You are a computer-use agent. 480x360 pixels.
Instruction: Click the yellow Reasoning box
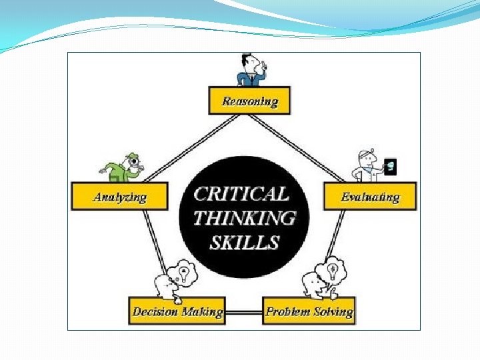click(x=249, y=101)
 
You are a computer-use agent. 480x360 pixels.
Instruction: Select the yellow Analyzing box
click(x=119, y=197)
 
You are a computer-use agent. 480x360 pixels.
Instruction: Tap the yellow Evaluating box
click(x=370, y=196)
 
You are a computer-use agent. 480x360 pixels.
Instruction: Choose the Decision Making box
click(x=177, y=311)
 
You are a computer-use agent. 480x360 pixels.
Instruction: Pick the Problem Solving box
click(x=309, y=311)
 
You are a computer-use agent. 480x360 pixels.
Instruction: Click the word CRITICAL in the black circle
click(x=241, y=194)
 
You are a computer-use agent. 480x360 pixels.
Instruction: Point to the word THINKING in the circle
click(x=245, y=217)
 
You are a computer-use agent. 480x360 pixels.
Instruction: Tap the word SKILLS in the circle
click(x=245, y=241)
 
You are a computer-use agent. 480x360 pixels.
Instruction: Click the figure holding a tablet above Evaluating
click(x=365, y=166)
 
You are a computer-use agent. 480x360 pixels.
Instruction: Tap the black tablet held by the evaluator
click(x=391, y=167)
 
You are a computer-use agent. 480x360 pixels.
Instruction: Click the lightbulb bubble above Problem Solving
click(x=333, y=271)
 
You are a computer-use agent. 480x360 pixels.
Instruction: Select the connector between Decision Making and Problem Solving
click(x=244, y=312)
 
